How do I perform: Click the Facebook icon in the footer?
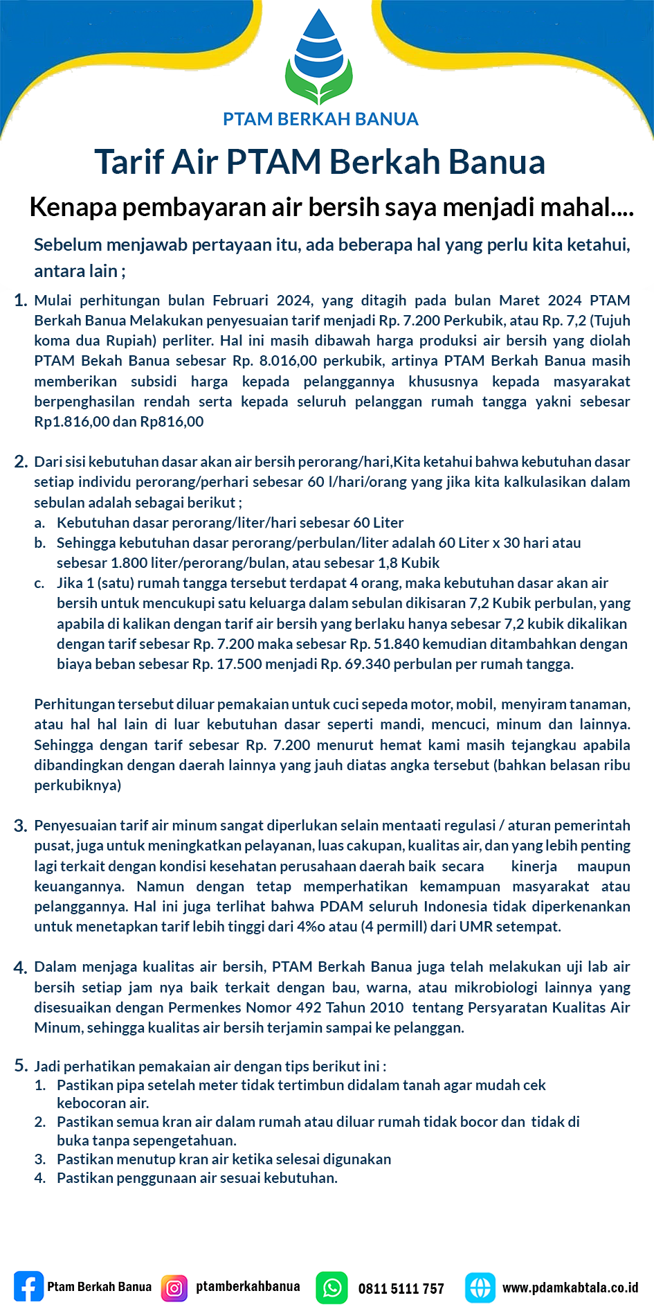[28, 1288]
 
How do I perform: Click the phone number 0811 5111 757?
[401, 1289]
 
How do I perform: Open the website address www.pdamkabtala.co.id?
[570, 1288]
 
